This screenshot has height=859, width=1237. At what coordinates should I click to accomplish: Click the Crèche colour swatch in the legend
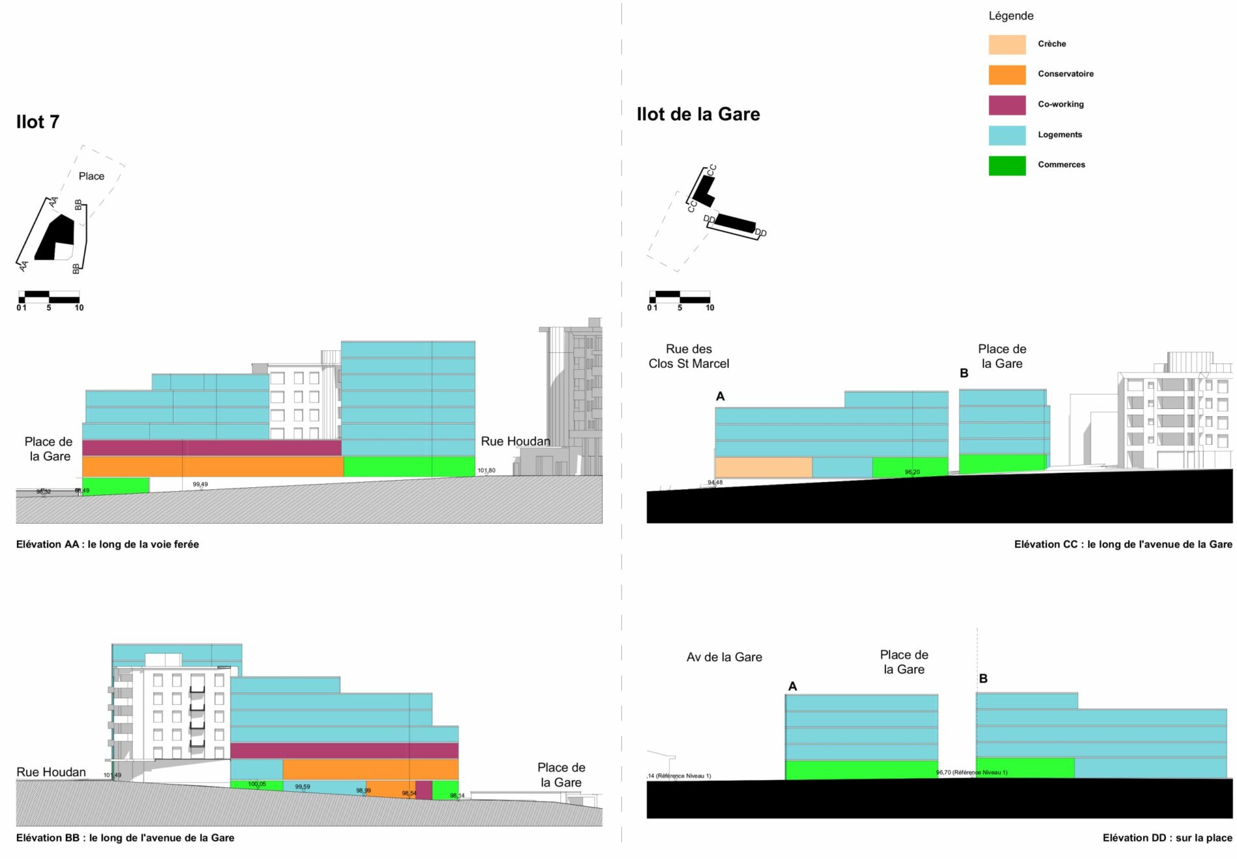[1007, 44]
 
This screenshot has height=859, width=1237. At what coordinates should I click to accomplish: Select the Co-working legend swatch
[1007, 105]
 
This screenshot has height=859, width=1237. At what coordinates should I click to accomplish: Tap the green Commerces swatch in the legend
[1007, 165]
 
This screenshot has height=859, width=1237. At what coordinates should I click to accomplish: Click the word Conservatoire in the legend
[1065, 74]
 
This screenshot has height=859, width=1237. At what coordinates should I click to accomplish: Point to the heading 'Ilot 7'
[38, 122]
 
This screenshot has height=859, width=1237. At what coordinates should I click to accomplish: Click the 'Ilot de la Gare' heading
[698, 115]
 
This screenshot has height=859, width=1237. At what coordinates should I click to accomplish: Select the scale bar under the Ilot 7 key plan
[49, 298]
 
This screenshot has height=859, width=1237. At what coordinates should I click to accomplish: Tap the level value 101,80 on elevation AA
[486, 470]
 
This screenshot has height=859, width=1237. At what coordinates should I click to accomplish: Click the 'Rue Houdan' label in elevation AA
[515, 442]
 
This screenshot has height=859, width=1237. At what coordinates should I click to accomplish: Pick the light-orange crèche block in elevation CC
[763, 467]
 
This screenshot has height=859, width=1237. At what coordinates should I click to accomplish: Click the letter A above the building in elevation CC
[720, 396]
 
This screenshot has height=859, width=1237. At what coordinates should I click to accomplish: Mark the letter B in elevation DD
[983, 679]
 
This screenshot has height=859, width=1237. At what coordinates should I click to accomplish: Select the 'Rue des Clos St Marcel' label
[689, 356]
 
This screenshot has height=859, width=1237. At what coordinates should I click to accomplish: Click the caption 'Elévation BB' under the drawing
[125, 838]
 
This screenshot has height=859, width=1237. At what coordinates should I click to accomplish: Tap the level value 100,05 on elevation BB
[257, 784]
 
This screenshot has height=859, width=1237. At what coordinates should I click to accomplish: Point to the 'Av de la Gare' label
[724, 657]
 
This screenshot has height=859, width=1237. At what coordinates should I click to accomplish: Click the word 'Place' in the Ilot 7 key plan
[91, 176]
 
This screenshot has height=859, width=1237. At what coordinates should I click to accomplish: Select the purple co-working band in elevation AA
[212, 447]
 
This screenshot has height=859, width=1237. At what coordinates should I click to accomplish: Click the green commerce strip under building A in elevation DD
[861, 769]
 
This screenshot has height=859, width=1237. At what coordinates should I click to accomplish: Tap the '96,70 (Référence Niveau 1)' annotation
[971, 772]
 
